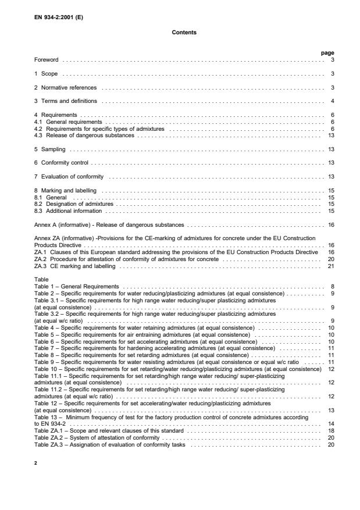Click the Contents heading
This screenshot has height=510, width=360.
(184, 33)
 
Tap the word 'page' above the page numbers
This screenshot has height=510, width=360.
(327, 53)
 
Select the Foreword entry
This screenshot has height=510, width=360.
(48, 60)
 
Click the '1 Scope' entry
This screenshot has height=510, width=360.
(45, 74)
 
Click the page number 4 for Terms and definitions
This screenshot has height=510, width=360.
(332, 102)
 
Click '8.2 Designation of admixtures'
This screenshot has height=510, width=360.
(74, 204)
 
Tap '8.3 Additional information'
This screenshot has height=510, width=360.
(69, 210)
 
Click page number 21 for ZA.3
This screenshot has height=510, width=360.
(331, 266)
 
